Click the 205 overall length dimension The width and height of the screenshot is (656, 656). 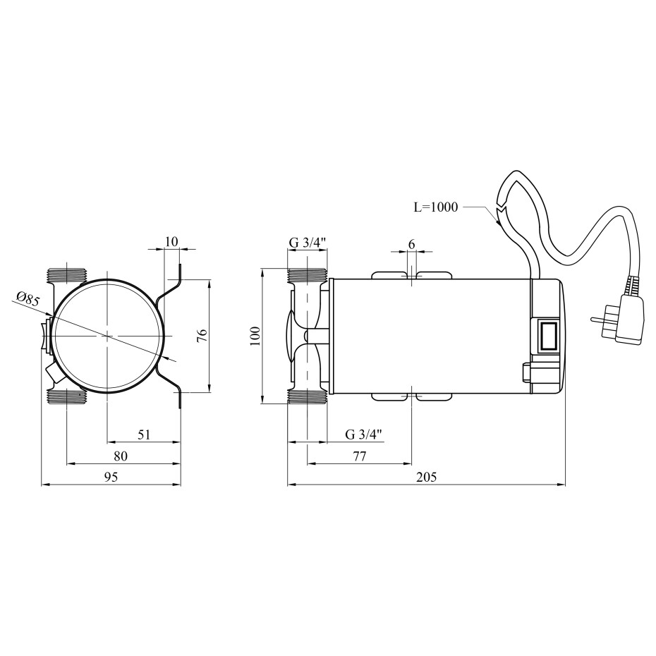[426, 477]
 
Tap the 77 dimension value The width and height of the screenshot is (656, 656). [359, 456]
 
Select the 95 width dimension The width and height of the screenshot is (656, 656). [111, 477]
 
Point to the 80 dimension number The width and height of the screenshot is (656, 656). [121, 456]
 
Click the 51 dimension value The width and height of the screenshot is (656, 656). [143, 435]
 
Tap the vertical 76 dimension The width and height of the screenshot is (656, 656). [202, 336]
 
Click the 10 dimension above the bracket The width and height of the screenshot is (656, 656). [171, 241]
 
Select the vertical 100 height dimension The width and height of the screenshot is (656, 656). [255, 336]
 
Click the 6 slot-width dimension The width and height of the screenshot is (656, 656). [412, 244]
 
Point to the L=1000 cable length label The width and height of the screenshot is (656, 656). [436, 207]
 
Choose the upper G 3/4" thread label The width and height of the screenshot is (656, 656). [308, 241]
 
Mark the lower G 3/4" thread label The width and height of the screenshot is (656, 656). [364, 435]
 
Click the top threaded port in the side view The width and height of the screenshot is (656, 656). [307, 275]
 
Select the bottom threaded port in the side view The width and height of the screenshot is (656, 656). [307, 396]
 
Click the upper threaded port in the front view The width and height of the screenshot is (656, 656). [67, 274]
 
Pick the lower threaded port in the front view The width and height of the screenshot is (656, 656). [67, 397]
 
